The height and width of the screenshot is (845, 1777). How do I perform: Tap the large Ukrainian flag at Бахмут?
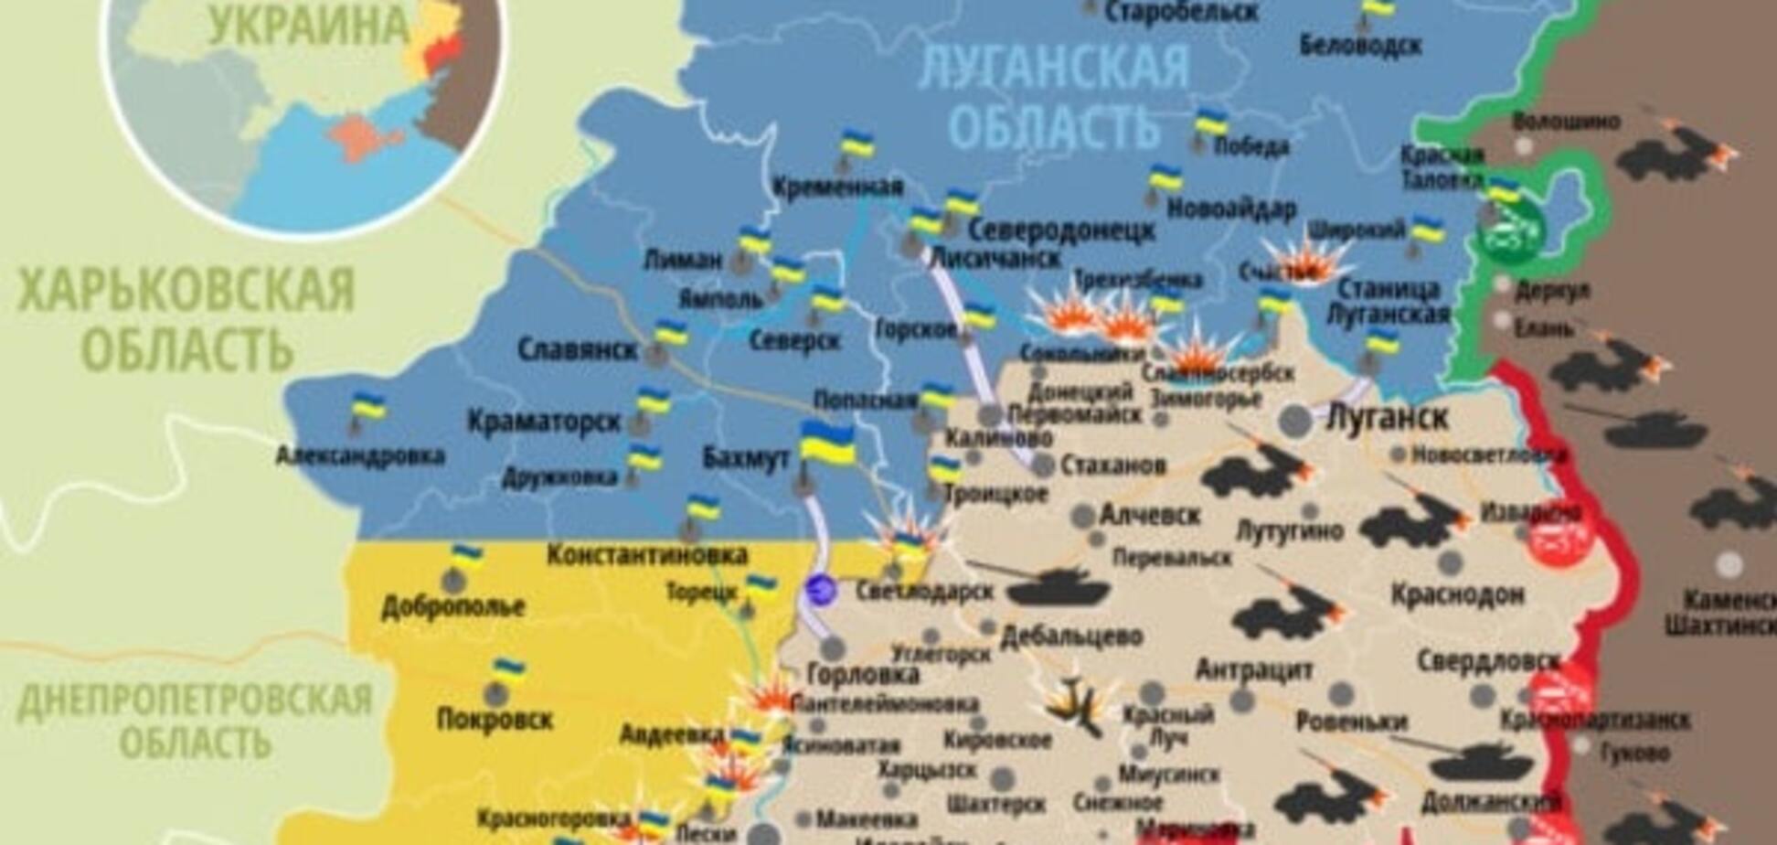(x=827, y=445)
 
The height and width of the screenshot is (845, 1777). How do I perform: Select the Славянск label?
(x=577, y=349)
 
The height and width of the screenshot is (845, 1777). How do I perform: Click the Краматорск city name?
(x=544, y=422)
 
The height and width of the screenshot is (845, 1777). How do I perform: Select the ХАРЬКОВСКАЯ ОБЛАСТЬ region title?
(x=186, y=318)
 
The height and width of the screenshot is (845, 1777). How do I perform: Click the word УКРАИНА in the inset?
(x=309, y=25)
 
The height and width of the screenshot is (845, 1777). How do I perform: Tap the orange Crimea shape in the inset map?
(x=364, y=138)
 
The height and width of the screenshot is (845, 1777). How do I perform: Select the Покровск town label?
(x=495, y=719)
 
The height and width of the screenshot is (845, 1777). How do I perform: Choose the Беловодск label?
(x=1360, y=44)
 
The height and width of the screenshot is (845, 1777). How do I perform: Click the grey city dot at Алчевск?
(x=1083, y=516)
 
